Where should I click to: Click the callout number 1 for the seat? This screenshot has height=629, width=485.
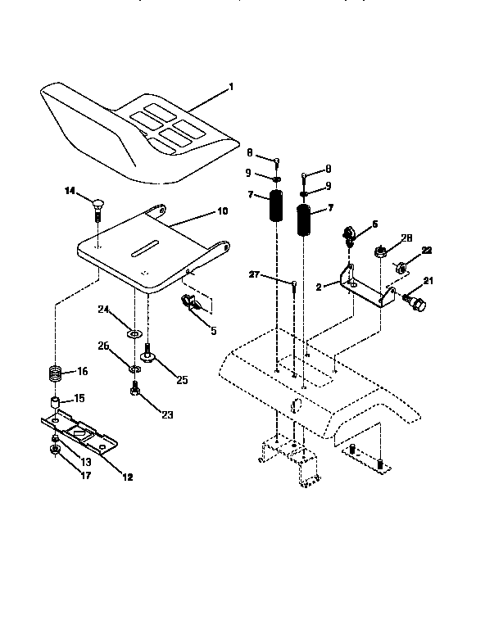click(x=231, y=87)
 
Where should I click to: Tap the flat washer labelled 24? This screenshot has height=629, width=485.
click(x=133, y=333)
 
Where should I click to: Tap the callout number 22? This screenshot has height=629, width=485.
click(x=426, y=250)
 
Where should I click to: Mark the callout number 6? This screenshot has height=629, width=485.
click(x=374, y=222)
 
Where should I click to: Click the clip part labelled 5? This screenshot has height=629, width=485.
click(x=194, y=305)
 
